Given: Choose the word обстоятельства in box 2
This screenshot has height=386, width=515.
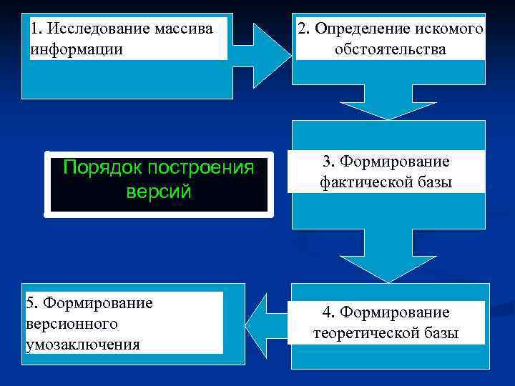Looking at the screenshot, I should click(x=390, y=49).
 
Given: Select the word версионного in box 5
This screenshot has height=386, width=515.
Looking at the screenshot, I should click(x=72, y=324).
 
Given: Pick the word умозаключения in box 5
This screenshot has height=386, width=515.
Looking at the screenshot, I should click(x=82, y=345).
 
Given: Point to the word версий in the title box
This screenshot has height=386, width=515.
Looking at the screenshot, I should click(x=158, y=192).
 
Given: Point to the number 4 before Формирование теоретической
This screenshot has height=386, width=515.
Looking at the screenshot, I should click(x=326, y=312).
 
